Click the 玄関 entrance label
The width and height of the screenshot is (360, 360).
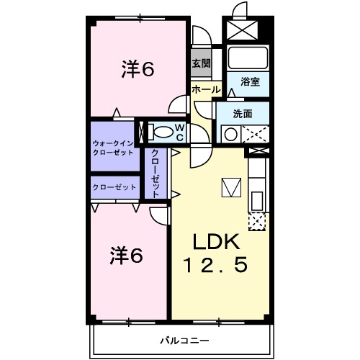201,63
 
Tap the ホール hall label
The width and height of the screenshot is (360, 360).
206,89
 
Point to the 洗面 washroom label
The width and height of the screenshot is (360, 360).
243,113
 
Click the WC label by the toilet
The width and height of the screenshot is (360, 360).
180,132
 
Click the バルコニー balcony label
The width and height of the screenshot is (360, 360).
181,339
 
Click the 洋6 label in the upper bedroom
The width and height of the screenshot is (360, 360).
138,69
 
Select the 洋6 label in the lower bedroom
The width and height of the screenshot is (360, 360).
127,256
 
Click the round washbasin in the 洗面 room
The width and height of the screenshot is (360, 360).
231,133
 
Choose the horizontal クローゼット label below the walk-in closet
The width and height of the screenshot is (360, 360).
114,187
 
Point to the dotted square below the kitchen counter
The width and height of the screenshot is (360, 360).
256,220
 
